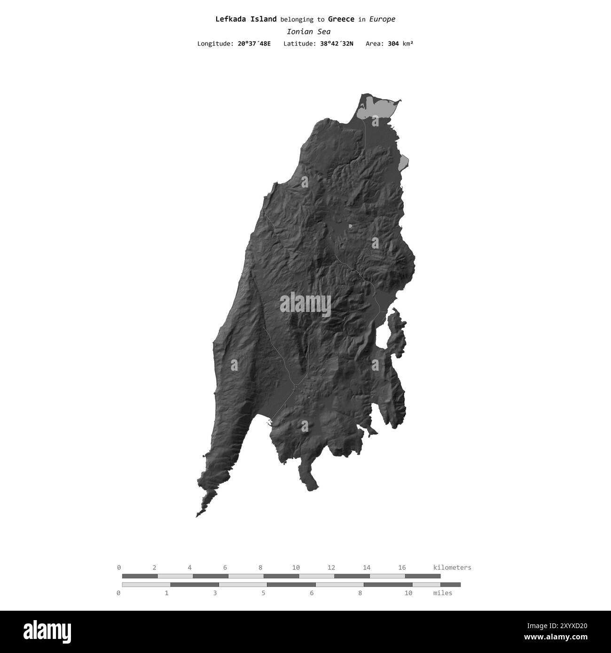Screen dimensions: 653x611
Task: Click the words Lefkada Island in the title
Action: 246,19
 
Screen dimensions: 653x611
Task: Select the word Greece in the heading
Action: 341,19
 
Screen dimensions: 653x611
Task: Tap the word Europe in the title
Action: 382,19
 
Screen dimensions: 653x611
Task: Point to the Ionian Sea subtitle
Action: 308,32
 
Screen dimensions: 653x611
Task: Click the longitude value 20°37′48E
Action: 254,44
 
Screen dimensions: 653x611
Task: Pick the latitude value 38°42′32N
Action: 337,44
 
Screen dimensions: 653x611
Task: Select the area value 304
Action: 394,44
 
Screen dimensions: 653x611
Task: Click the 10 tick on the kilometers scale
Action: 296,567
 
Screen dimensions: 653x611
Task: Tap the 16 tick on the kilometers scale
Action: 402,567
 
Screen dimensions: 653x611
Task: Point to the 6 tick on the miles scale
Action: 312,593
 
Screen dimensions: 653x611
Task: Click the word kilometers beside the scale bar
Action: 452,567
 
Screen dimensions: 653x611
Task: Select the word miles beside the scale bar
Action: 443,593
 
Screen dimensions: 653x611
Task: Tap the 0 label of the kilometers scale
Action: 119,567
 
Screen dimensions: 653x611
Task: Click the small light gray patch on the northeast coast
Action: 403,163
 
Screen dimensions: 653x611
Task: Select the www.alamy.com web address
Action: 562,637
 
